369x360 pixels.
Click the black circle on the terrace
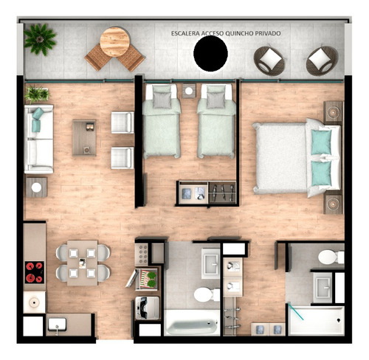210,55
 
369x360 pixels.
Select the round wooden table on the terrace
114,41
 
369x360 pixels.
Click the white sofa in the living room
38,138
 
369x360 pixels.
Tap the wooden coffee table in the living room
83,136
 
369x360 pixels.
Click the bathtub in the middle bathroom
191,322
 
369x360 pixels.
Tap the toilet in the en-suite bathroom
330,257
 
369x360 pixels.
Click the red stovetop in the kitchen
33,272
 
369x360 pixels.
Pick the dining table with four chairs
82,263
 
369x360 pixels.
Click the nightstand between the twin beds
190,92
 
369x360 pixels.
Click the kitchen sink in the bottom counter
58,322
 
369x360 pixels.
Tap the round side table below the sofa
36,187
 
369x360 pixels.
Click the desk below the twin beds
207,193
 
